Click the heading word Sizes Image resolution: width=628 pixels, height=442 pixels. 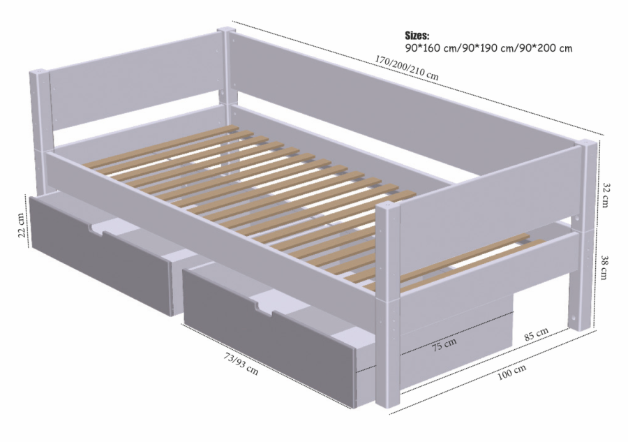[x=417, y=35]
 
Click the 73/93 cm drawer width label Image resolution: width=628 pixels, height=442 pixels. [x=241, y=364]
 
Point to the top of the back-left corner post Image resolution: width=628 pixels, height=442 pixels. [x=39, y=72]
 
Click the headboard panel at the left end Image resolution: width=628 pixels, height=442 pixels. [x=133, y=91]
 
